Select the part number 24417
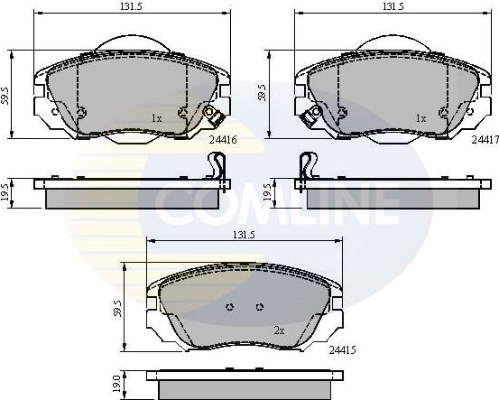485,140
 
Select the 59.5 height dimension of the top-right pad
263,90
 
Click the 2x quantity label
279,331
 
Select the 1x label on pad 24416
155,117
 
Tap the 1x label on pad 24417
420,117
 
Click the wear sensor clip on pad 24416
214,116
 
